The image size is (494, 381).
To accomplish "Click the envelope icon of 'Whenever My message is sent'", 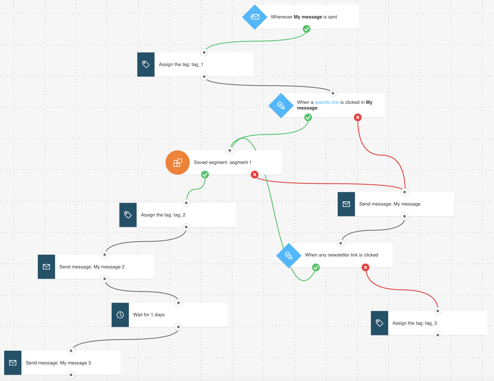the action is click(255, 17).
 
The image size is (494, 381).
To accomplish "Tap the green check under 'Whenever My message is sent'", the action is click(306, 29).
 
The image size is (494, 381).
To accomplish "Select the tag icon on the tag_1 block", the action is click(146, 64).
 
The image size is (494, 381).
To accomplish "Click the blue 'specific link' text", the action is click(327, 102).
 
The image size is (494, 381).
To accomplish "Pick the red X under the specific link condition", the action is click(358, 117).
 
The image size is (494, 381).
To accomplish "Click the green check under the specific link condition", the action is click(308, 117).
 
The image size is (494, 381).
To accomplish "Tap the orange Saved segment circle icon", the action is click(178, 162).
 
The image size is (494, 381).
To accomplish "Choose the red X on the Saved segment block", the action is click(255, 175).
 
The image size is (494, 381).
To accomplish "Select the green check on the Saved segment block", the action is click(205, 175).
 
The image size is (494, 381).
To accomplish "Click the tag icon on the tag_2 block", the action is click(128, 215).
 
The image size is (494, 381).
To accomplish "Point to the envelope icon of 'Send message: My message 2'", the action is click(46, 267).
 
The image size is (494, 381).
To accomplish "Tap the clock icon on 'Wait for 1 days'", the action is click(120, 315).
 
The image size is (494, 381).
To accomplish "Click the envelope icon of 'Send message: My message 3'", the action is click(13, 363).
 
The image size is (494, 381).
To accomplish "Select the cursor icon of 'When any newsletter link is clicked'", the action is click(289, 256).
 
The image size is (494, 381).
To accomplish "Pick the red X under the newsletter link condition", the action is click(365, 267).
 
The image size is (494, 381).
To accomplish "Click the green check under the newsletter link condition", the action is click(316, 267).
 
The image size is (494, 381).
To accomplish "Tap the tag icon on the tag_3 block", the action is click(380, 323).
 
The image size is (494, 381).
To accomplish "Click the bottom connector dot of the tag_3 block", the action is click(438, 335).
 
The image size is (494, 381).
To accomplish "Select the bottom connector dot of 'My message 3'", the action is click(71, 375).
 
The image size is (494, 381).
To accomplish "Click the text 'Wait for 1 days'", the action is click(149, 315).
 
